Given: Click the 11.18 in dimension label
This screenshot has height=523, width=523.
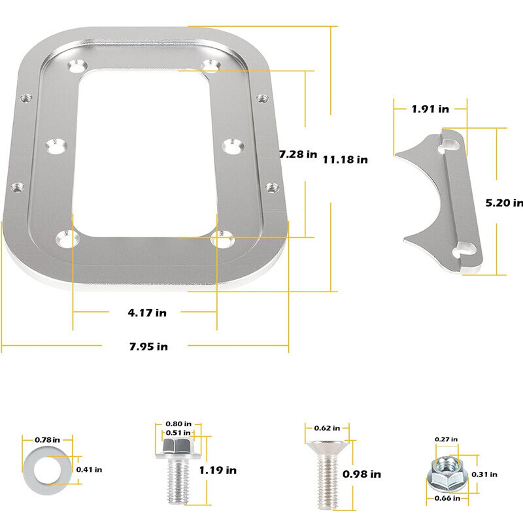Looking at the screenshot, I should [345, 159].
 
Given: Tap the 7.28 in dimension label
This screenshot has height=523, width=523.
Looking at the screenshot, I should [297, 155].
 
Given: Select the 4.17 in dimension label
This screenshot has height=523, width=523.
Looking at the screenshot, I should [147, 312].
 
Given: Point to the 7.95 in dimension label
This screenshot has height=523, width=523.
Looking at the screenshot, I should [148, 346].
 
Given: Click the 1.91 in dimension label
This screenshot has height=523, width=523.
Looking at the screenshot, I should [430, 109].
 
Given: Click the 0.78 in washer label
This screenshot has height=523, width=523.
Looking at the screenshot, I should [48, 439].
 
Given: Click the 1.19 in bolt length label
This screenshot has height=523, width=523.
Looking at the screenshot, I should [218, 470].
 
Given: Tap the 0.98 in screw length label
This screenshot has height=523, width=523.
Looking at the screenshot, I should [365, 474].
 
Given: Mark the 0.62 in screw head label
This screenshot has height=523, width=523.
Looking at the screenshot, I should [327, 428].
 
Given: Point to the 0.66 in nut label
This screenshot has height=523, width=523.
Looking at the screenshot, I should [447, 499].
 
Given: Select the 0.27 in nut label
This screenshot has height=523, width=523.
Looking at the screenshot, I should [447, 439].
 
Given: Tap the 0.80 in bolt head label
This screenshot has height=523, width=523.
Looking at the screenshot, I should [178, 424].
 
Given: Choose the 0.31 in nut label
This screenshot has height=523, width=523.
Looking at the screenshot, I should [486, 474].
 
